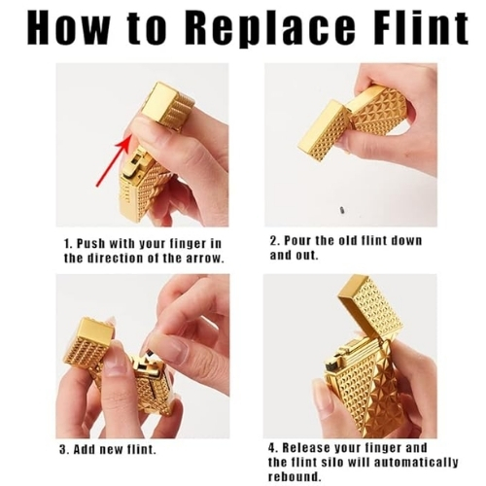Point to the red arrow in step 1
[x=114, y=161]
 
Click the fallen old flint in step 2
[x=342, y=210]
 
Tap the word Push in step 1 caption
[x=90, y=244]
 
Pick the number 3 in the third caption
[x=62, y=450]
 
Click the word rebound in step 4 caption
[x=292, y=477]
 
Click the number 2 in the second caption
[x=273, y=241]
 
